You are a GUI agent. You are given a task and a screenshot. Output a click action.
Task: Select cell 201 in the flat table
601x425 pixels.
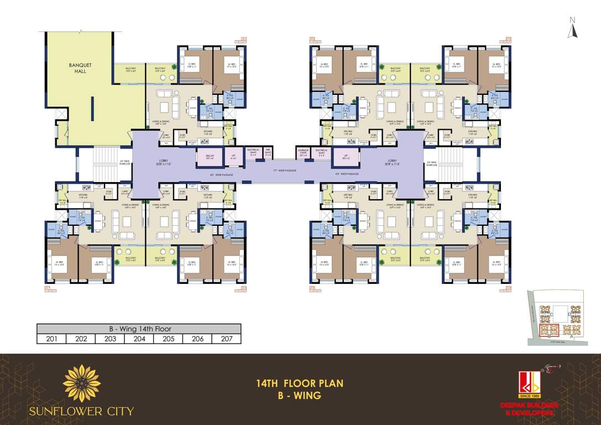[x=51, y=339]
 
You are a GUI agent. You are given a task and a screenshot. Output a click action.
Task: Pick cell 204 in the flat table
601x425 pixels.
[x=139, y=339]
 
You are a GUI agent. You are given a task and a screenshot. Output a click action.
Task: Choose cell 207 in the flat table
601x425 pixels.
[x=227, y=339]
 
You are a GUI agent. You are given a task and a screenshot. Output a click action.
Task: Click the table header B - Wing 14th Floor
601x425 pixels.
[x=139, y=329]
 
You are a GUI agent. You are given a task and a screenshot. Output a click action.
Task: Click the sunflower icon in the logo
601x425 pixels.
[x=82, y=383]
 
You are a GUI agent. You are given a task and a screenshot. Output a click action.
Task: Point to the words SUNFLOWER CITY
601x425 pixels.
[x=82, y=411]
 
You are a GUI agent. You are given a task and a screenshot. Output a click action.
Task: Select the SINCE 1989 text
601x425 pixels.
[x=529, y=396]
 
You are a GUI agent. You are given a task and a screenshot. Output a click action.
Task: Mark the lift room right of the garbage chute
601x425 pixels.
[x=346, y=158]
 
